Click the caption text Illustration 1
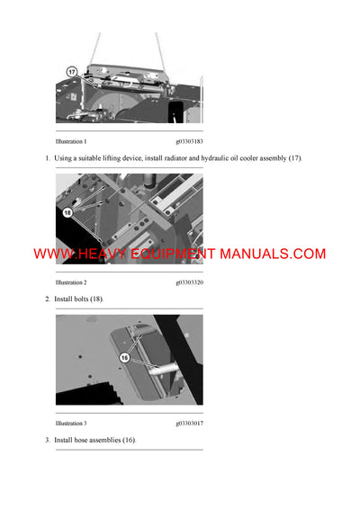(71, 142)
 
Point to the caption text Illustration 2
(71, 281)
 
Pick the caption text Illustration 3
(71, 423)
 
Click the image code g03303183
(189, 142)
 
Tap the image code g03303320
(189, 281)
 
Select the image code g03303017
(189, 423)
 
